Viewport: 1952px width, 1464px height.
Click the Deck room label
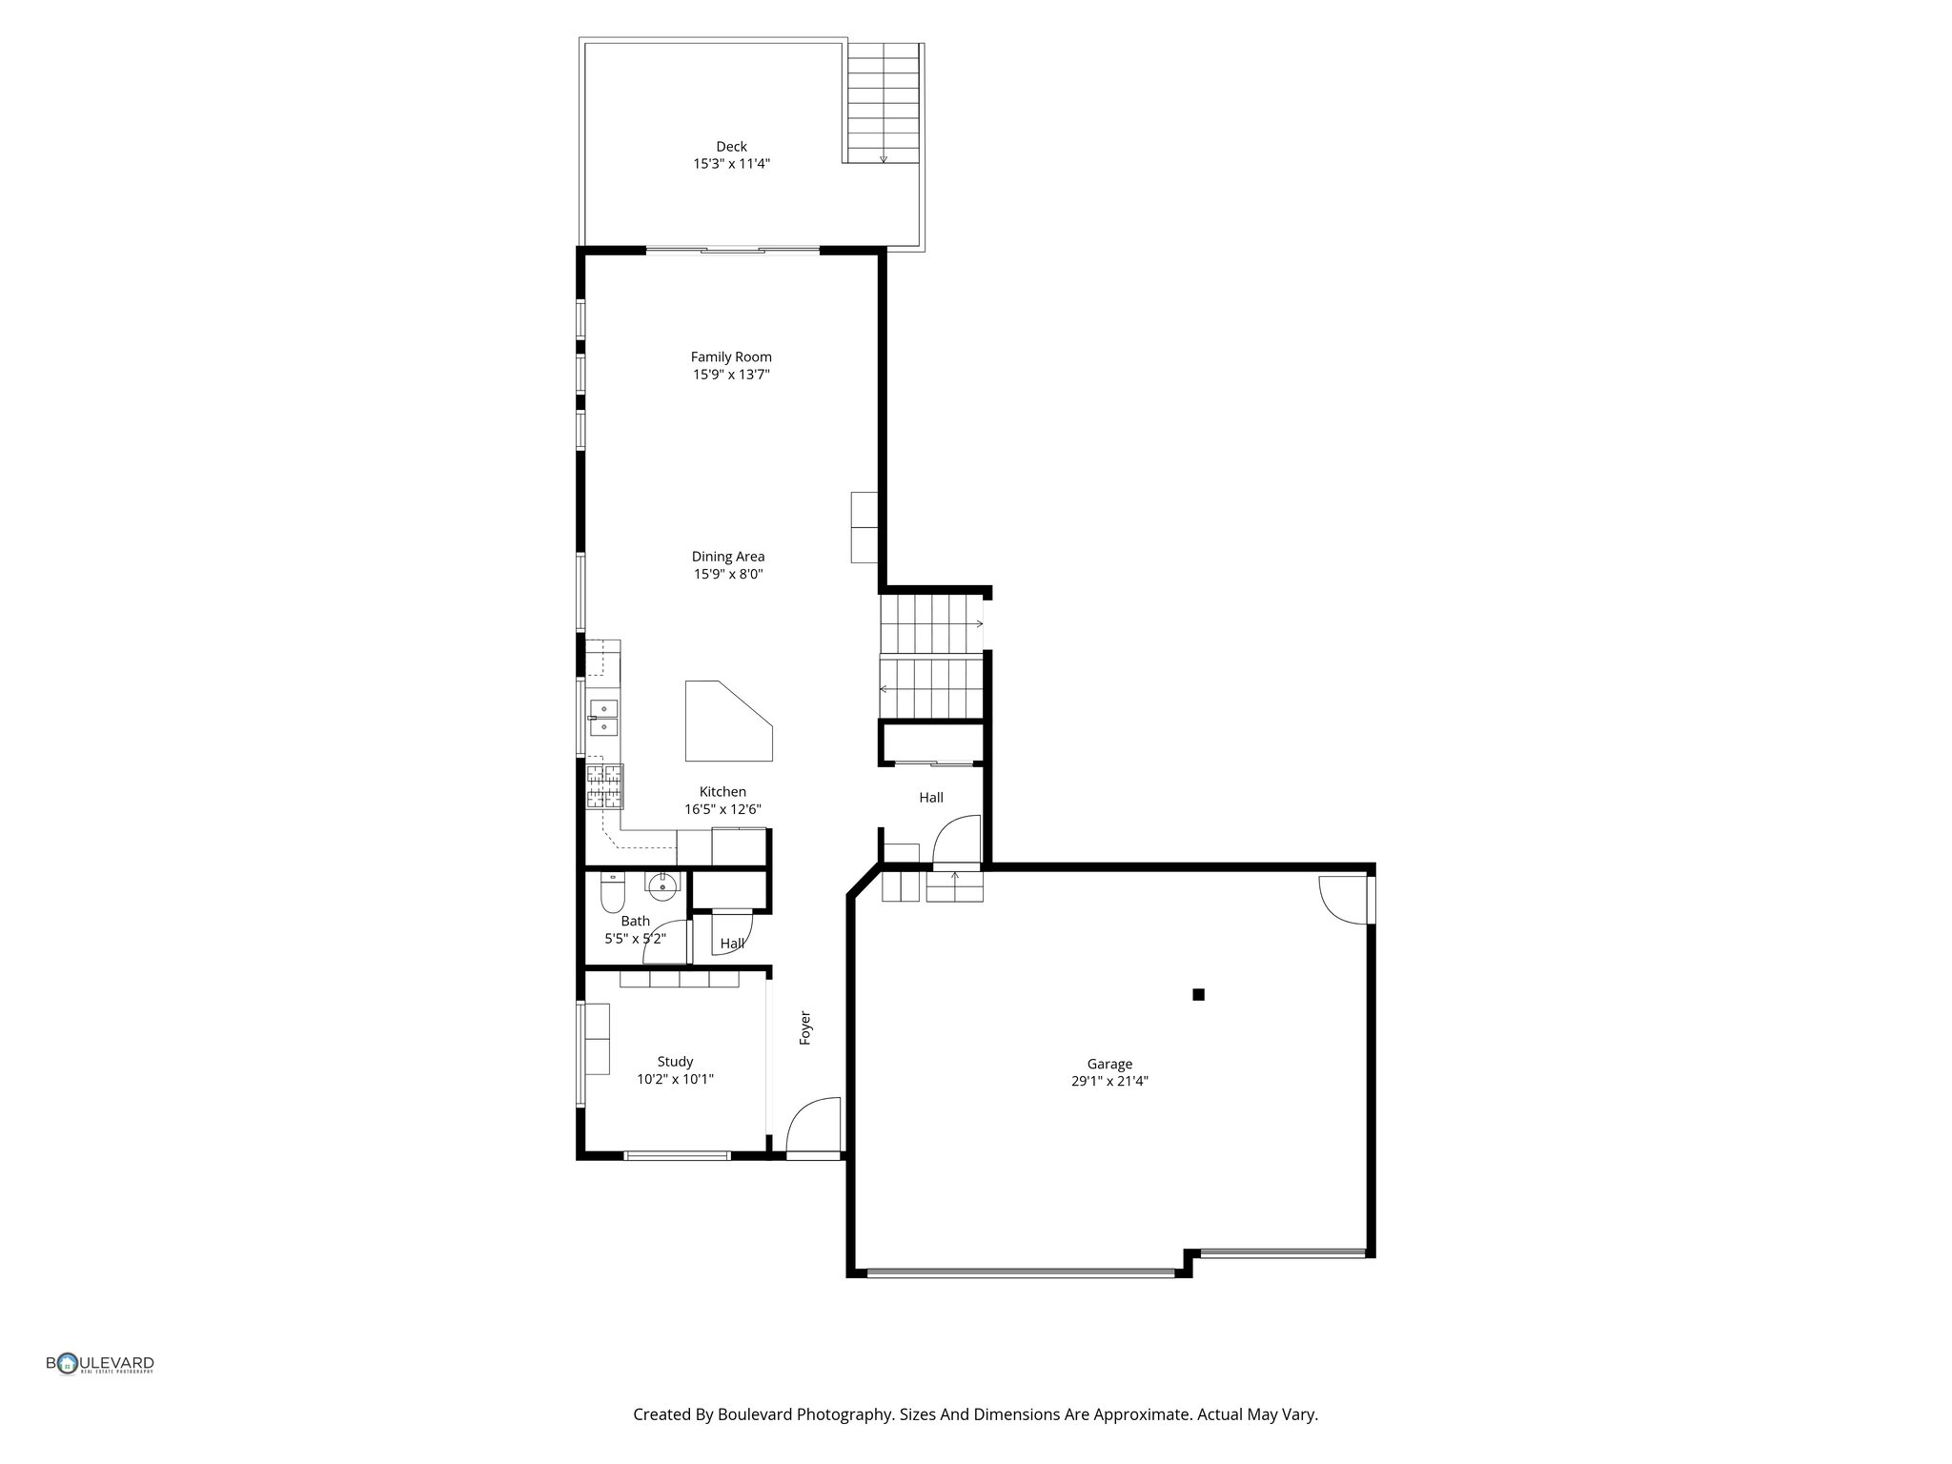point(731,147)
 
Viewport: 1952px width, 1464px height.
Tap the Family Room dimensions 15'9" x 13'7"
point(731,375)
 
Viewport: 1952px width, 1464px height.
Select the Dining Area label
point(728,557)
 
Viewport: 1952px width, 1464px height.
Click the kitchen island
point(724,722)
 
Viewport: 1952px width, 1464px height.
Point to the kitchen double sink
point(603,717)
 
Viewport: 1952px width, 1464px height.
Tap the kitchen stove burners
point(604,785)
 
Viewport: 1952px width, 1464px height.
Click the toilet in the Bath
point(612,895)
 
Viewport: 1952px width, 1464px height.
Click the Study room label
point(675,1062)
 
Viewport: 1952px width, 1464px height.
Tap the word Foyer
point(805,1027)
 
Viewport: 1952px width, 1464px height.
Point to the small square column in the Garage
point(1198,994)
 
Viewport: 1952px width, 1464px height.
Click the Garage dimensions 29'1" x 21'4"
point(1109,1082)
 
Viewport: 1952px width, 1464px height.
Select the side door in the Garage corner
point(1342,900)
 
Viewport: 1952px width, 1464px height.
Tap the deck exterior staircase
point(883,103)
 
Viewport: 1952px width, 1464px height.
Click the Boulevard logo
point(100,1364)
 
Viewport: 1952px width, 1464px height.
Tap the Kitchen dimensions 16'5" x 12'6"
point(722,809)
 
